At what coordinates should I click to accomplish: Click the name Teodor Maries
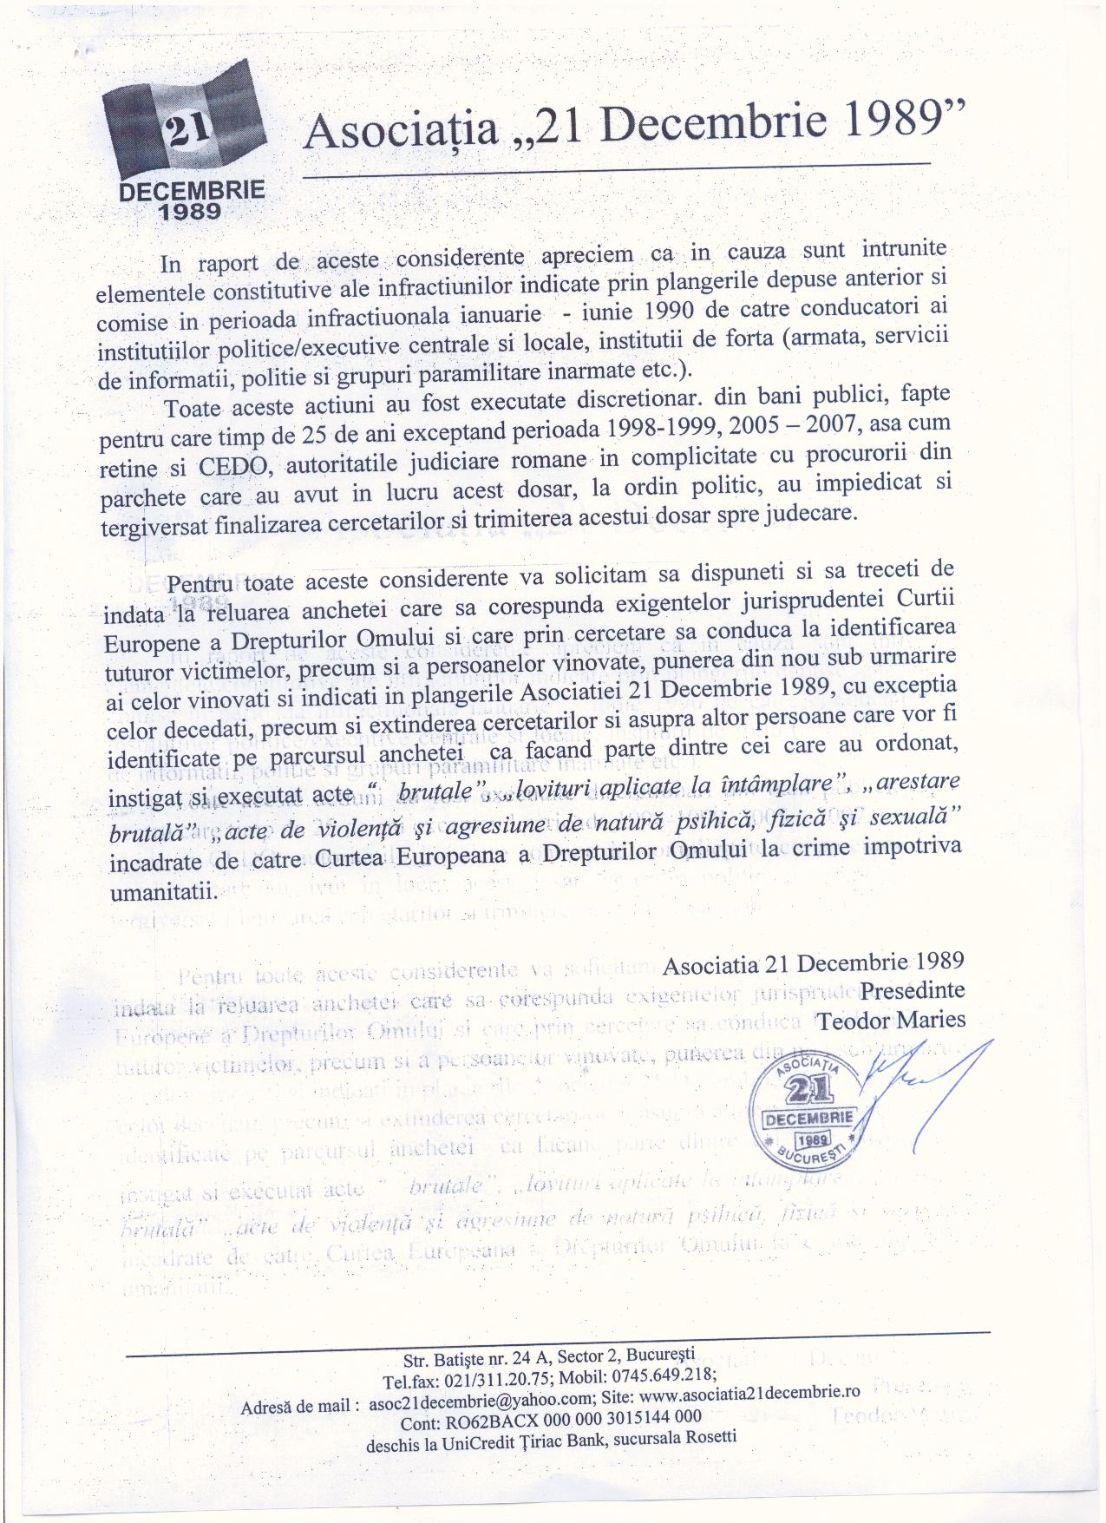click(892, 1019)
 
